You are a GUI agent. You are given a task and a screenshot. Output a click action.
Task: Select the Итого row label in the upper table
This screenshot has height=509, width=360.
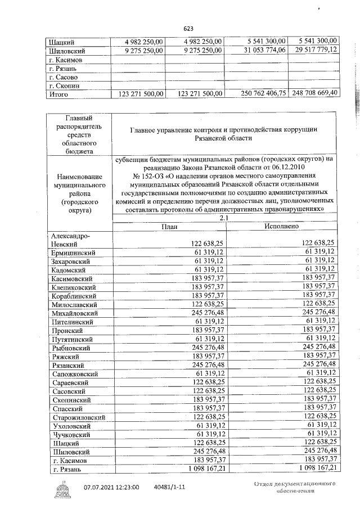[x=58, y=94]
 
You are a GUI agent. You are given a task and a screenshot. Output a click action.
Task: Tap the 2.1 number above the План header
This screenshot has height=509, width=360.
[x=224, y=217]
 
